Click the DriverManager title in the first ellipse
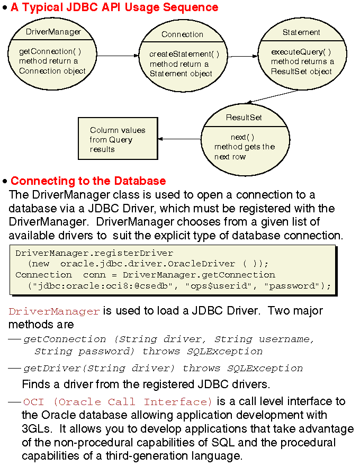(x=53, y=32)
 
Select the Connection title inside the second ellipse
(x=182, y=34)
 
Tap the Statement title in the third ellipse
(x=301, y=32)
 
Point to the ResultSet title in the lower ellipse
(x=244, y=117)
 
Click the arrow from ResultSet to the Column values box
(x=179, y=139)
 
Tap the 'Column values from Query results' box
(x=118, y=140)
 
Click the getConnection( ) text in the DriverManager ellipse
(x=53, y=51)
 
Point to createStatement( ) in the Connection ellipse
(x=184, y=54)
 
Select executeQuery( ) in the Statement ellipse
(x=301, y=52)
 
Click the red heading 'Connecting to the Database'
(x=88, y=181)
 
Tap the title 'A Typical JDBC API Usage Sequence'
(x=114, y=7)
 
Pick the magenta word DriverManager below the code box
(x=54, y=311)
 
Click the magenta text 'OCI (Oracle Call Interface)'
(x=117, y=402)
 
